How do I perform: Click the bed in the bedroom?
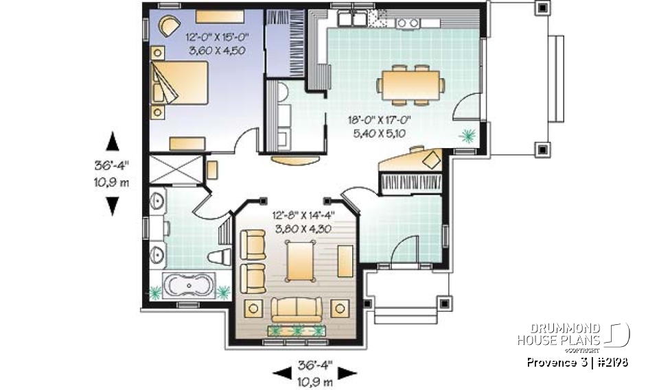180,83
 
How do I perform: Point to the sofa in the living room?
296,309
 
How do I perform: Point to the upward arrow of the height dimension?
112,142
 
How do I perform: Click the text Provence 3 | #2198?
578,362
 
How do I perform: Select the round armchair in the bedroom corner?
167,25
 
